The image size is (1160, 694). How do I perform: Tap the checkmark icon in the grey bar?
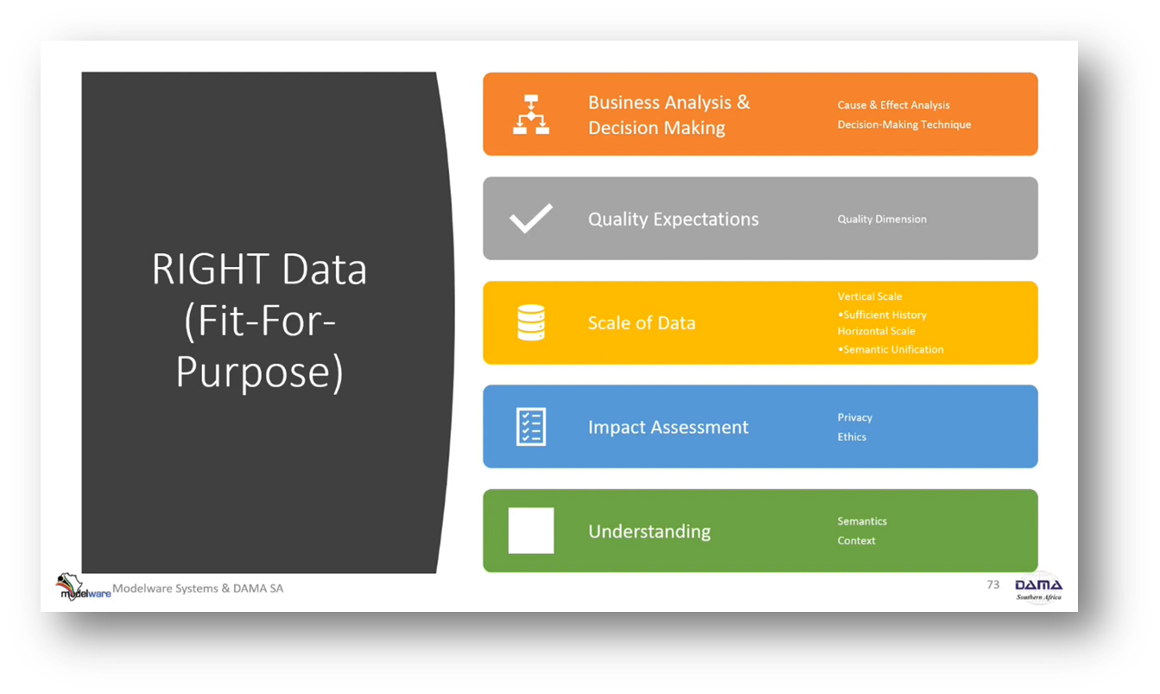pyautogui.click(x=530, y=219)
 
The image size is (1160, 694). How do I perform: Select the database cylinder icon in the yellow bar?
pyautogui.click(x=530, y=322)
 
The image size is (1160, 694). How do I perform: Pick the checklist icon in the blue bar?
pyautogui.click(x=530, y=427)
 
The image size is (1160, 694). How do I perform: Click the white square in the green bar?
pyautogui.click(x=530, y=531)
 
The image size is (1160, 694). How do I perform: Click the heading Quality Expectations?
pyautogui.click(x=673, y=220)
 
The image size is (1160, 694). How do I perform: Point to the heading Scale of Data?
pyautogui.click(x=641, y=323)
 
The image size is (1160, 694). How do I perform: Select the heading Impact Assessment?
pyautogui.click(x=668, y=427)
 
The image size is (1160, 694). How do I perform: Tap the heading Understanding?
pyautogui.click(x=649, y=532)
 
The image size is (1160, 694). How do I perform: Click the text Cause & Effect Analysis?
pyautogui.click(x=893, y=105)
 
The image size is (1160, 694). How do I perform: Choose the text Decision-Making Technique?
pyautogui.click(x=903, y=124)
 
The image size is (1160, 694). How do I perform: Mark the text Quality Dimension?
pyautogui.click(x=881, y=220)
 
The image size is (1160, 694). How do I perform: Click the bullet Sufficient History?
pyautogui.click(x=884, y=315)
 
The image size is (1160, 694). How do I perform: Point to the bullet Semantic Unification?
pyautogui.click(x=892, y=350)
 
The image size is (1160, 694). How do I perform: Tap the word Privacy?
pyautogui.click(x=854, y=417)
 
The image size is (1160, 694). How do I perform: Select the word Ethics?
pyautogui.click(x=851, y=437)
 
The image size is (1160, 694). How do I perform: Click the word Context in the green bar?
pyautogui.click(x=856, y=541)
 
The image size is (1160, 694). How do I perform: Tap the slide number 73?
pyautogui.click(x=992, y=585)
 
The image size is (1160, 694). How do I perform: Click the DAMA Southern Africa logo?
pyautogui.click(x=1038, y=587)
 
